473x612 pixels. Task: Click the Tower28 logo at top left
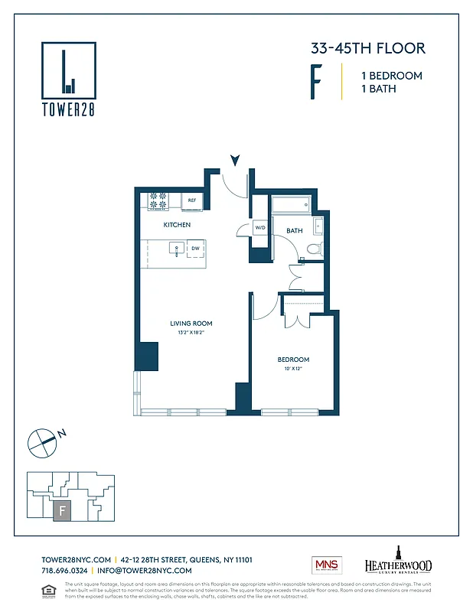[x=68, y=77]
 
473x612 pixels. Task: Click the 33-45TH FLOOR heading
[x=367, y=48]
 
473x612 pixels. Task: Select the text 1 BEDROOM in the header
[x=391, y=76]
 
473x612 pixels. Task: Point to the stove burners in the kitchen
[x=158, y=200]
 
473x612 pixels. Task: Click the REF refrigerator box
[x=192, y=200]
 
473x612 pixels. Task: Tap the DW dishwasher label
[x=195, y=249]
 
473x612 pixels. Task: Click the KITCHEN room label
[x=177, y=225]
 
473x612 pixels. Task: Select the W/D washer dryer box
[x=260, y=227]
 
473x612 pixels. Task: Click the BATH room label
[x=295, y=230]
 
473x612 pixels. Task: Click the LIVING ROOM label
[x=191, y=324]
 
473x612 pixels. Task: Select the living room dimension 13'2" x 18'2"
[x=191, y=334]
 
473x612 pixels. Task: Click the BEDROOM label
[x=293, y=360]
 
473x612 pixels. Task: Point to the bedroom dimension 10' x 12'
[x=293, y=369]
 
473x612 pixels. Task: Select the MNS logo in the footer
[x=326, y=565]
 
